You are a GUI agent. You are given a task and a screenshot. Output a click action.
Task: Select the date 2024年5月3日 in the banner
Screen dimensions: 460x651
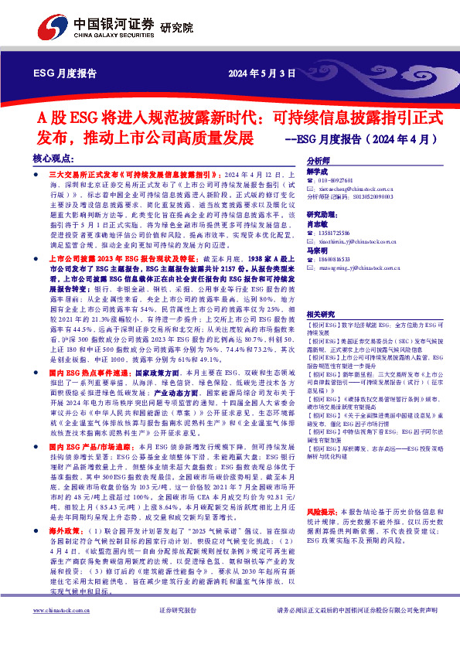[262, 75]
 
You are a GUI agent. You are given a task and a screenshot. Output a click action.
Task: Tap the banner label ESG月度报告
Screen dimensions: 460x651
[66, 75]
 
